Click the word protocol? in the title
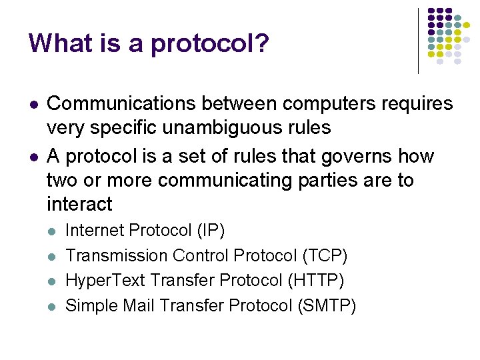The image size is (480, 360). (x=210, y=45)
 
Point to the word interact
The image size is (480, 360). (x=80, y=204)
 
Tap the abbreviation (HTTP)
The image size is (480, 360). (x=316, y=281)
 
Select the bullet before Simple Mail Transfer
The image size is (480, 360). (x=53, y=307)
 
